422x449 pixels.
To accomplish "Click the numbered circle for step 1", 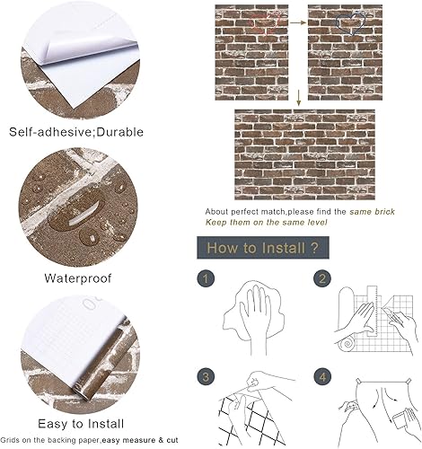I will (206, 278).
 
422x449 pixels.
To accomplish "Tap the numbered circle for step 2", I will (322, 278).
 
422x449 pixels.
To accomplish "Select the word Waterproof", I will (78, 277).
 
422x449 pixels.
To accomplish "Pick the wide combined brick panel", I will (323, 153).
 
